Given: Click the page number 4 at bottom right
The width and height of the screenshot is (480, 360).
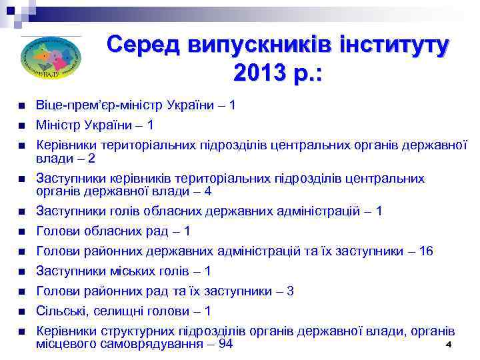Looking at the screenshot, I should pyautogui.click(x=448, y=345).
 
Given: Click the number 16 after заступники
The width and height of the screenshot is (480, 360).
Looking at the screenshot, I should pyautogui.click(x=426, y=251).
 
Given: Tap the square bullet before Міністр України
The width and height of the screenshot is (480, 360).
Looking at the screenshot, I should pyautogui.click(x=22, y=125).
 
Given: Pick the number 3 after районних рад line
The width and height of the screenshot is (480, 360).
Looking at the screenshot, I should pyautogui.click(x=290, y=291).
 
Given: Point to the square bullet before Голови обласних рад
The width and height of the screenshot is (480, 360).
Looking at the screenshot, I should pyautogui.click(x=22, y=232).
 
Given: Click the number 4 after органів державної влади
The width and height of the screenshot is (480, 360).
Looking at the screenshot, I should pyautogui.click(x=208, y=191).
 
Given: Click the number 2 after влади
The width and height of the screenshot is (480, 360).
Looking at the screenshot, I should pyautogui.click(x=91, y=159).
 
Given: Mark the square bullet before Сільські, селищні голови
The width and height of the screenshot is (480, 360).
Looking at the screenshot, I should pyautogui.click(x=22, y=312).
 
